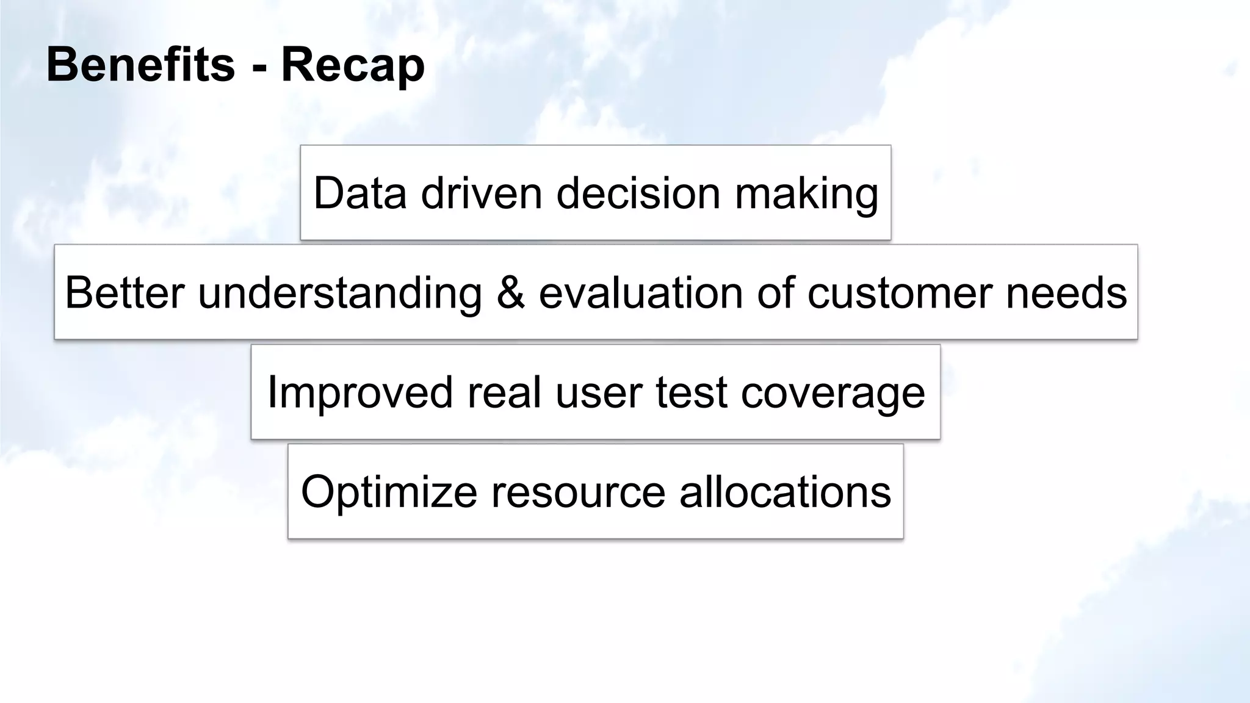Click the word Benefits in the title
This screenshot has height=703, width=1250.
click(140, 65)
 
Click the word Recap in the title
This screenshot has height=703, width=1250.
click(353, 66)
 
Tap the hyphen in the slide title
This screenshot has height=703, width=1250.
click(259, 67)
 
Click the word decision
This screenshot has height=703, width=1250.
click(638, 193)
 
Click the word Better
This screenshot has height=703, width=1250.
click(125, 292)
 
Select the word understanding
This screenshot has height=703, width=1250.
click(340, 294)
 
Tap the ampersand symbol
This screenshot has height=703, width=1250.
click(510, 292)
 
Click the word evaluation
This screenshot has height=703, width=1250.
click(641, 292)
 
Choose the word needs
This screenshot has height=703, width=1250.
click(1066, 292)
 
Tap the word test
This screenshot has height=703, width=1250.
click(692, 392)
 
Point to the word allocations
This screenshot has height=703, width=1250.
click(785, 492)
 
